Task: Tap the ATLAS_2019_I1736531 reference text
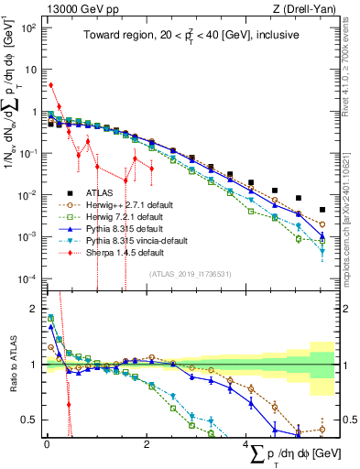tap(189, 274)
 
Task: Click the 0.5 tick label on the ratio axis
tap(29, 420)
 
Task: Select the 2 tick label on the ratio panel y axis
tap(33, 309)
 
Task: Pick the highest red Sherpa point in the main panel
tap(51, 85)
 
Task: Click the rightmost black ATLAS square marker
tap(322, 197)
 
